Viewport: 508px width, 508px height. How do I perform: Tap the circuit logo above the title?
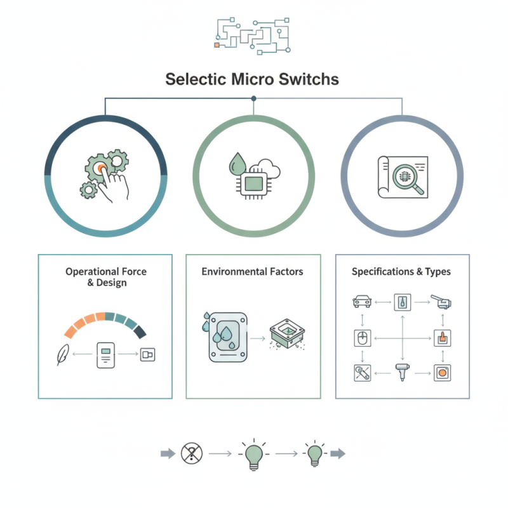point(253,33)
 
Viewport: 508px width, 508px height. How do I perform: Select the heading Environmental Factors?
point(252,272)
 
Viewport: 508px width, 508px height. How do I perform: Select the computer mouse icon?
point(361,338)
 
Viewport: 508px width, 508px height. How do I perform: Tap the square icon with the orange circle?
point(441,373)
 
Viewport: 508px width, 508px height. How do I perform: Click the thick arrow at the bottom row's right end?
point(338,453)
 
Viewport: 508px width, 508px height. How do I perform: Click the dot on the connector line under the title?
point(253,98)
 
